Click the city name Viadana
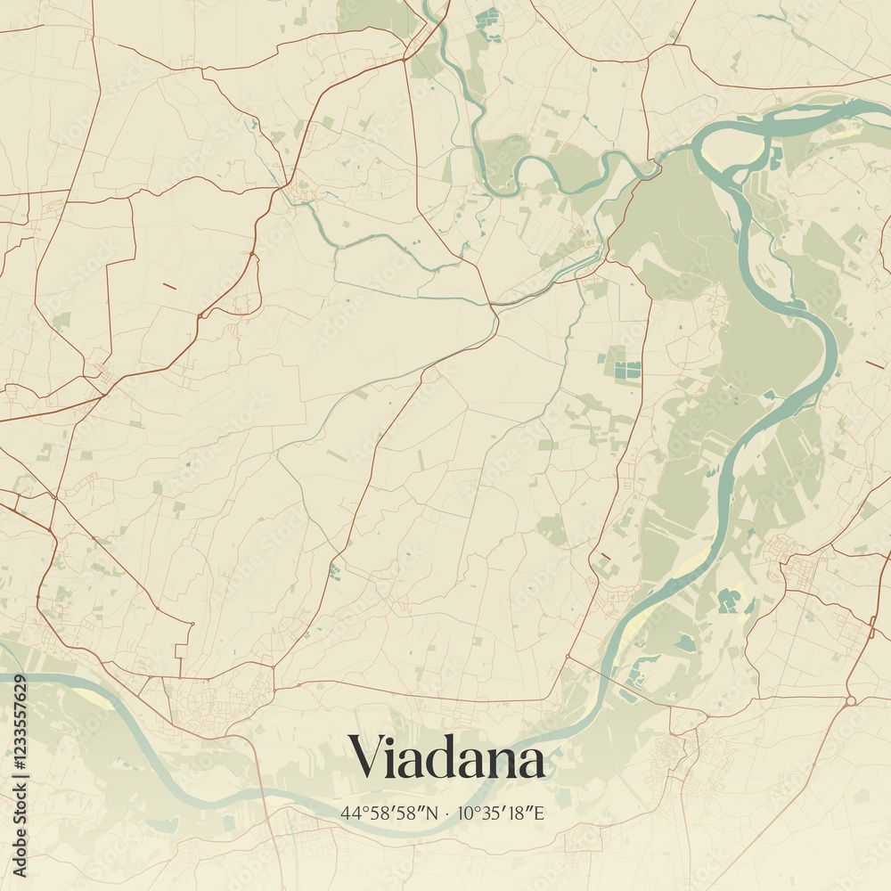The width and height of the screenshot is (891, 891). (x=446, y=757)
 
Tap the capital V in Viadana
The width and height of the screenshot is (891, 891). (x=366, y=756)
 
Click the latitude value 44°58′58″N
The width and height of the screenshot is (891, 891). (x=389, y=813)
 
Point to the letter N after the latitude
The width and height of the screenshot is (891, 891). (x=433, y=813)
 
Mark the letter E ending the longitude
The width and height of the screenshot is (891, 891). (x=539, y=813)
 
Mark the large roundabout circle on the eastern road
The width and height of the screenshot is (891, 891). (x=851, y=701)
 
